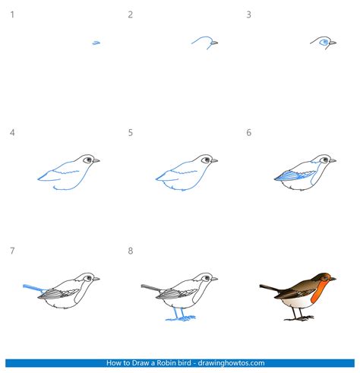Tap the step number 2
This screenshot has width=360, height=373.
tap(131, 14)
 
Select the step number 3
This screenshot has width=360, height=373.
tap(249, 14)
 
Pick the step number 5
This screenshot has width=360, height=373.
tap(131, 133)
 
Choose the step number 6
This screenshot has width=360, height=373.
tap(249, 133)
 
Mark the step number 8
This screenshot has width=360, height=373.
tap(131, 251)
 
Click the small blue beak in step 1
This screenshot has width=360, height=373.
tap(96, 43)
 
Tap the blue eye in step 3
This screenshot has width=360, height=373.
tap(325, 42)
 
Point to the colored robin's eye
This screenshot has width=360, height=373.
tap(327, 278)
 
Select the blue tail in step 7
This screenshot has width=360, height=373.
tap(33, 288)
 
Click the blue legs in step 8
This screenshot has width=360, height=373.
tap(177, 314)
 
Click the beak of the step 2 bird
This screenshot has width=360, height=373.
tap(216, 43)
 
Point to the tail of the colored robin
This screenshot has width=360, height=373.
tap(270, 288)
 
